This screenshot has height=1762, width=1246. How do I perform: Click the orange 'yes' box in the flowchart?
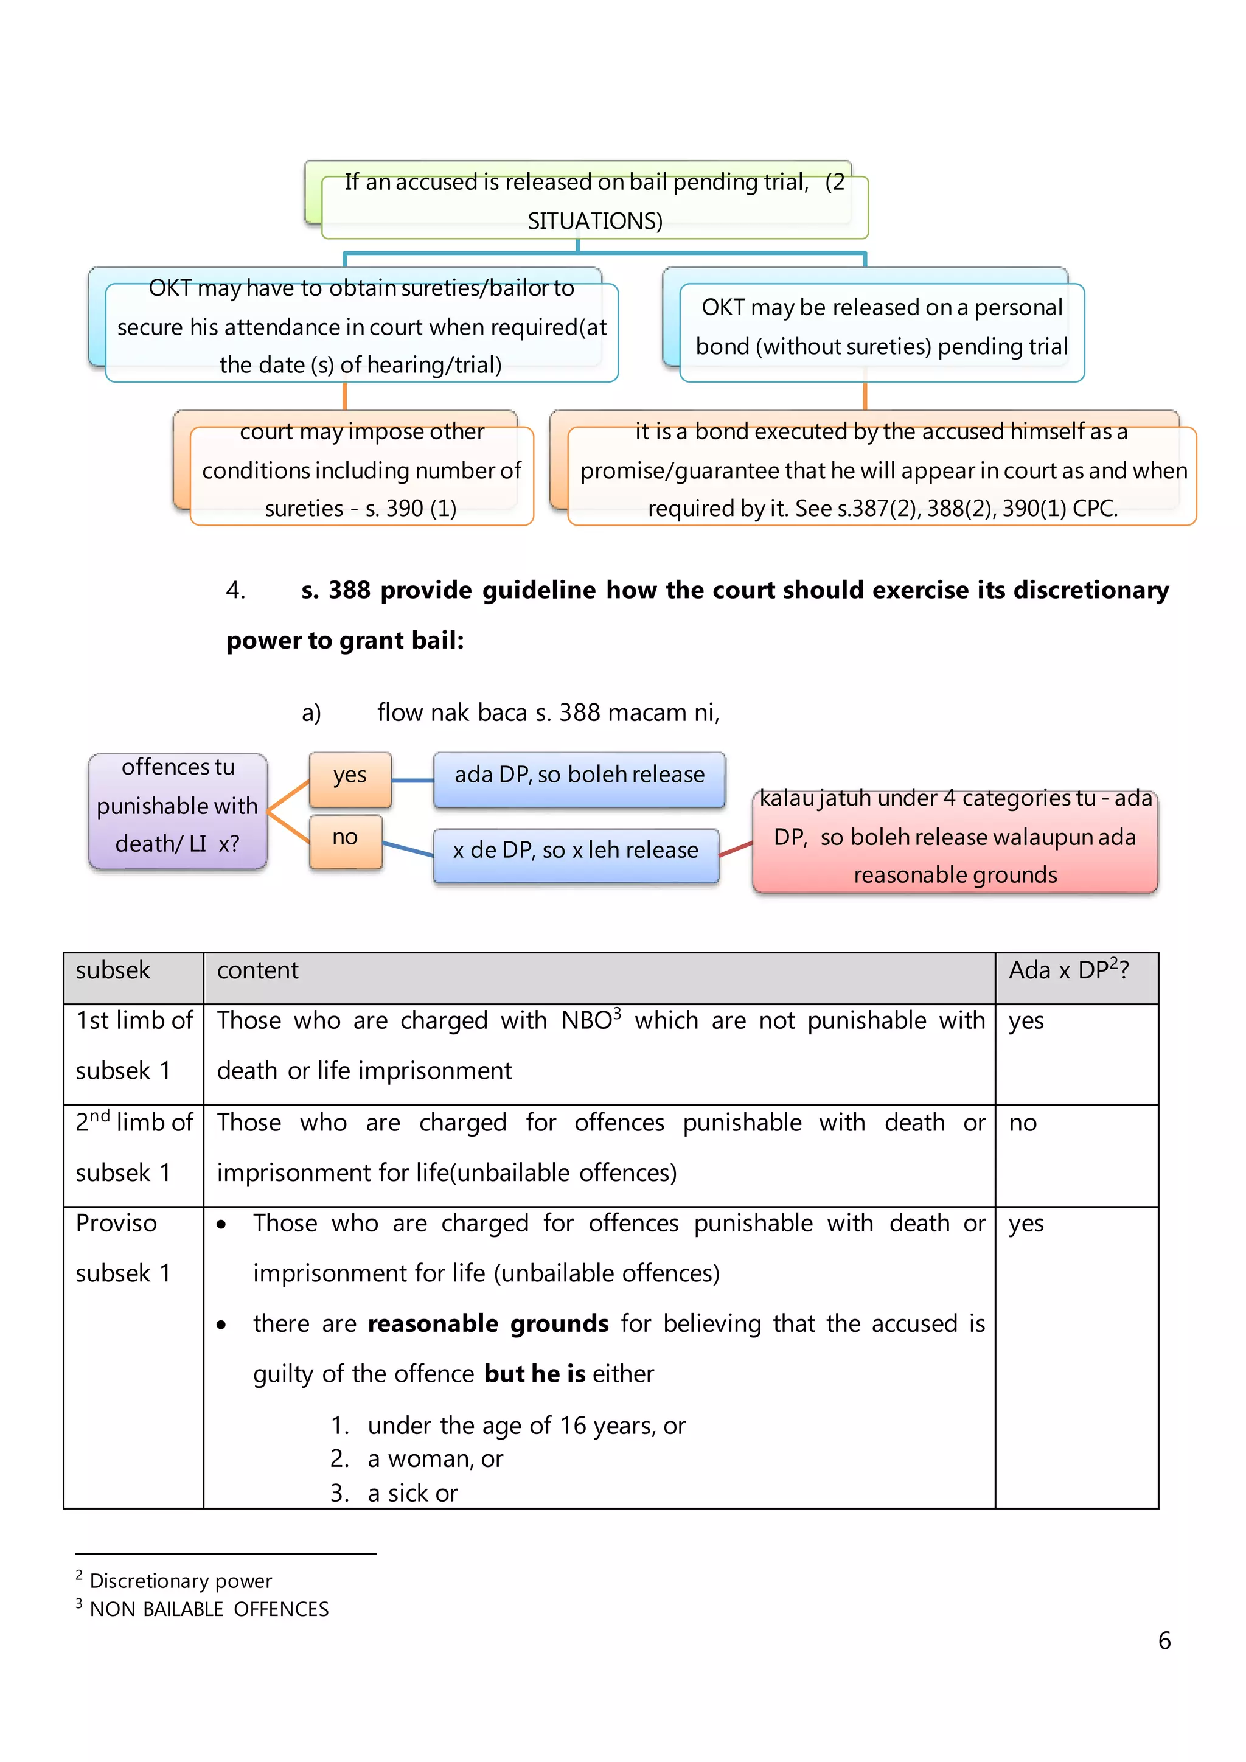[x=350, y=778]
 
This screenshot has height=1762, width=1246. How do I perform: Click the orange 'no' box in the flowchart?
[x=345, y=840]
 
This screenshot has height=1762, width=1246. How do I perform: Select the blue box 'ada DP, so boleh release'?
[x=579, y=778]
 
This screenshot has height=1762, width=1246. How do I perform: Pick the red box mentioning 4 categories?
[x=955, y=840]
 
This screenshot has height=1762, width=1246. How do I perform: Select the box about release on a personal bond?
[x=882, y=329]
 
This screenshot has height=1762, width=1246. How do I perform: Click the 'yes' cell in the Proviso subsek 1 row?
[x=1026, y=1224]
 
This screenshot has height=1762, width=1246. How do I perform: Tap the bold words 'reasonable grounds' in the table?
[x=488, y=1325]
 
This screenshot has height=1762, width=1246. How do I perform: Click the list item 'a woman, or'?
[x=435, y=1459]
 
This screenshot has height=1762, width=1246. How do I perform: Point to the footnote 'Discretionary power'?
[x=181, y=1581]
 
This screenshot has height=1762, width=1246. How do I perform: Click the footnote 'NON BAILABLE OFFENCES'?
[x=209, y=1609]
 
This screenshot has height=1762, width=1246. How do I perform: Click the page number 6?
[x=1164, y=1641]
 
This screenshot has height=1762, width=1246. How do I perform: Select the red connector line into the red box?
[x=736, y=849]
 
